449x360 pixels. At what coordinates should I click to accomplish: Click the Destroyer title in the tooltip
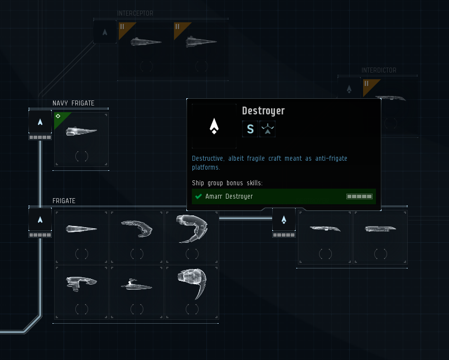pos(263,111)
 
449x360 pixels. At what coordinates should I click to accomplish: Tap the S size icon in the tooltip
pos(250,129)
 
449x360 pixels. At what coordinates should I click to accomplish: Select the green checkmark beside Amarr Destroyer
pos(198,196)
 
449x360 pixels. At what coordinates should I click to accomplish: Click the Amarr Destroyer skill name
pos(229,196)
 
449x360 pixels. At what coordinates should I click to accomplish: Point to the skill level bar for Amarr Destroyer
pos(359,196)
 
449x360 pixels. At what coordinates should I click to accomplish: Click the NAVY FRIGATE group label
pos(73,103)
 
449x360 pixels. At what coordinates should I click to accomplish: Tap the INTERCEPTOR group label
pos(135,13)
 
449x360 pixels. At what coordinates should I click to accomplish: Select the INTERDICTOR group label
pos(379,70)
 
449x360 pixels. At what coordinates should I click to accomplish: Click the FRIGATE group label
pos(64,201)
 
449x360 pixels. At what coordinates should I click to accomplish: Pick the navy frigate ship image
pos(81,132)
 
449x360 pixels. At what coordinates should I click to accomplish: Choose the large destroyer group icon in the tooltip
pos(214,126)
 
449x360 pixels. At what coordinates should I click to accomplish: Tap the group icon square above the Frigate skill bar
pos(40,219)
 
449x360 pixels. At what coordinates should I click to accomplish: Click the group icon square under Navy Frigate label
pos(40,122)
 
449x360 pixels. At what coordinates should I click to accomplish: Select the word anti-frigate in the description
pos(331,159)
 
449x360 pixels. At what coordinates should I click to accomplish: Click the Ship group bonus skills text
pos(227,183)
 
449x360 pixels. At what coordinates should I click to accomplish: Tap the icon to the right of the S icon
pos(268,129)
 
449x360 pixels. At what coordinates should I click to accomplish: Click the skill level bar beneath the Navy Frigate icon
pos(40,137)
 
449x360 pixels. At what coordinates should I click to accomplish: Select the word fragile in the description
pos(255,159)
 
